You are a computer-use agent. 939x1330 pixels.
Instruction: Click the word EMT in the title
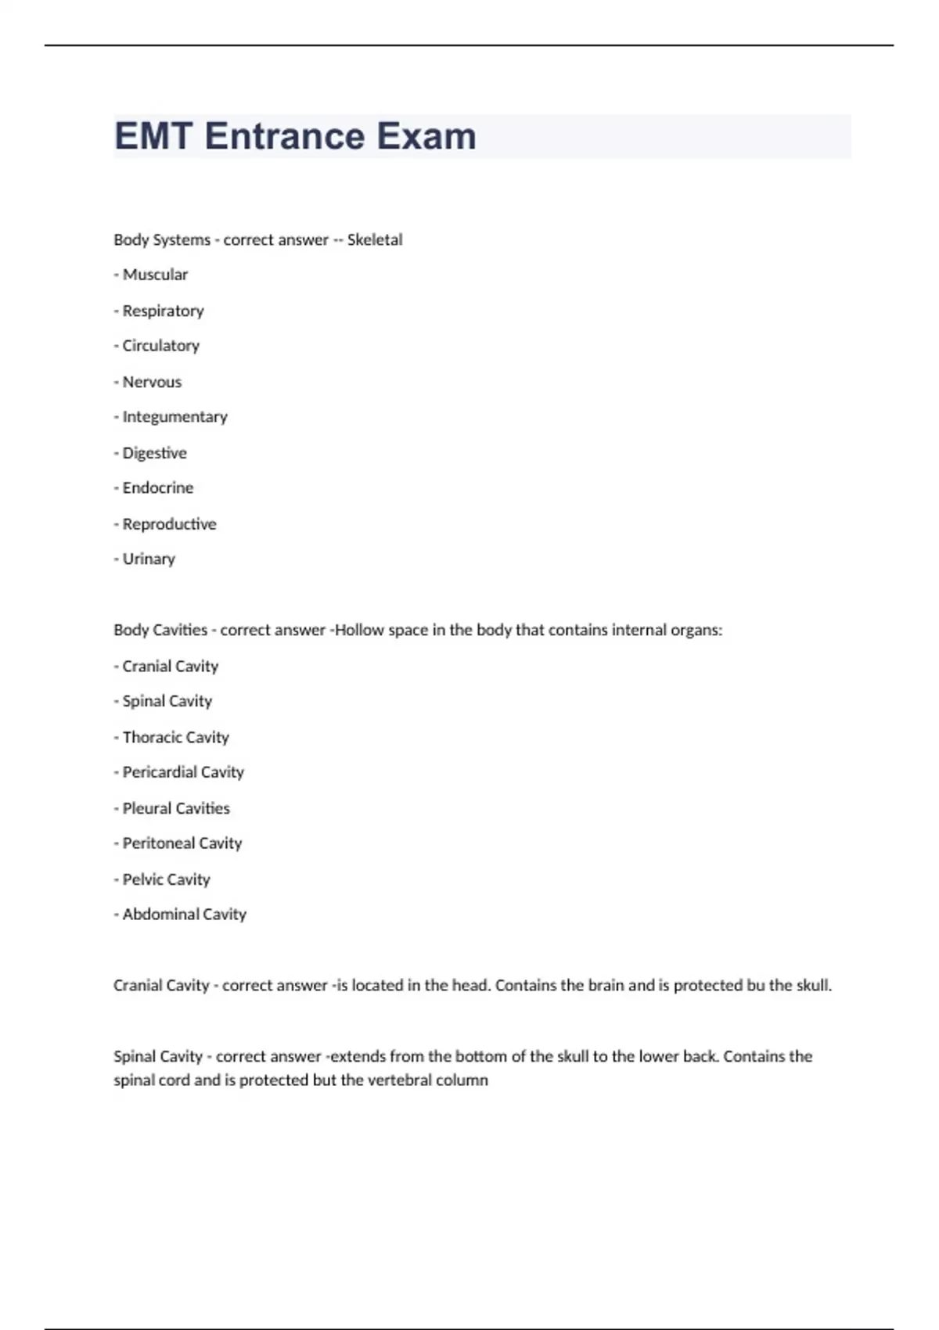153,136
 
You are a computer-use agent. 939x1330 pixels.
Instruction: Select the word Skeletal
375,240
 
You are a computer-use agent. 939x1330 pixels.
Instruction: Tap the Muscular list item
155,275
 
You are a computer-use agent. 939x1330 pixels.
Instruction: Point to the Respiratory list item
163,311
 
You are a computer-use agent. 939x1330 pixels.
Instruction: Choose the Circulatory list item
160,346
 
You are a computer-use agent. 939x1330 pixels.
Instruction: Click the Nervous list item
152,382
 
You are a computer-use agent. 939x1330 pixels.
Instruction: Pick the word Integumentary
174,417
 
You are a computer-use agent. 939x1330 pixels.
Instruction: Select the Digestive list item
154,453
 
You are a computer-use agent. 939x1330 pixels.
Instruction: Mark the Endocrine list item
157,487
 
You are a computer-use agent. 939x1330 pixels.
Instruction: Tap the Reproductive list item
169,524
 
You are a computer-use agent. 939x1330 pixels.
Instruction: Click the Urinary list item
149,559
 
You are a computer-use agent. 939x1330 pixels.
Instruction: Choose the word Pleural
146,808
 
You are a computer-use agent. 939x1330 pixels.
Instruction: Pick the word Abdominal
160,915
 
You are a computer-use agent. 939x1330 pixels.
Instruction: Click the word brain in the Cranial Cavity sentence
606,986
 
